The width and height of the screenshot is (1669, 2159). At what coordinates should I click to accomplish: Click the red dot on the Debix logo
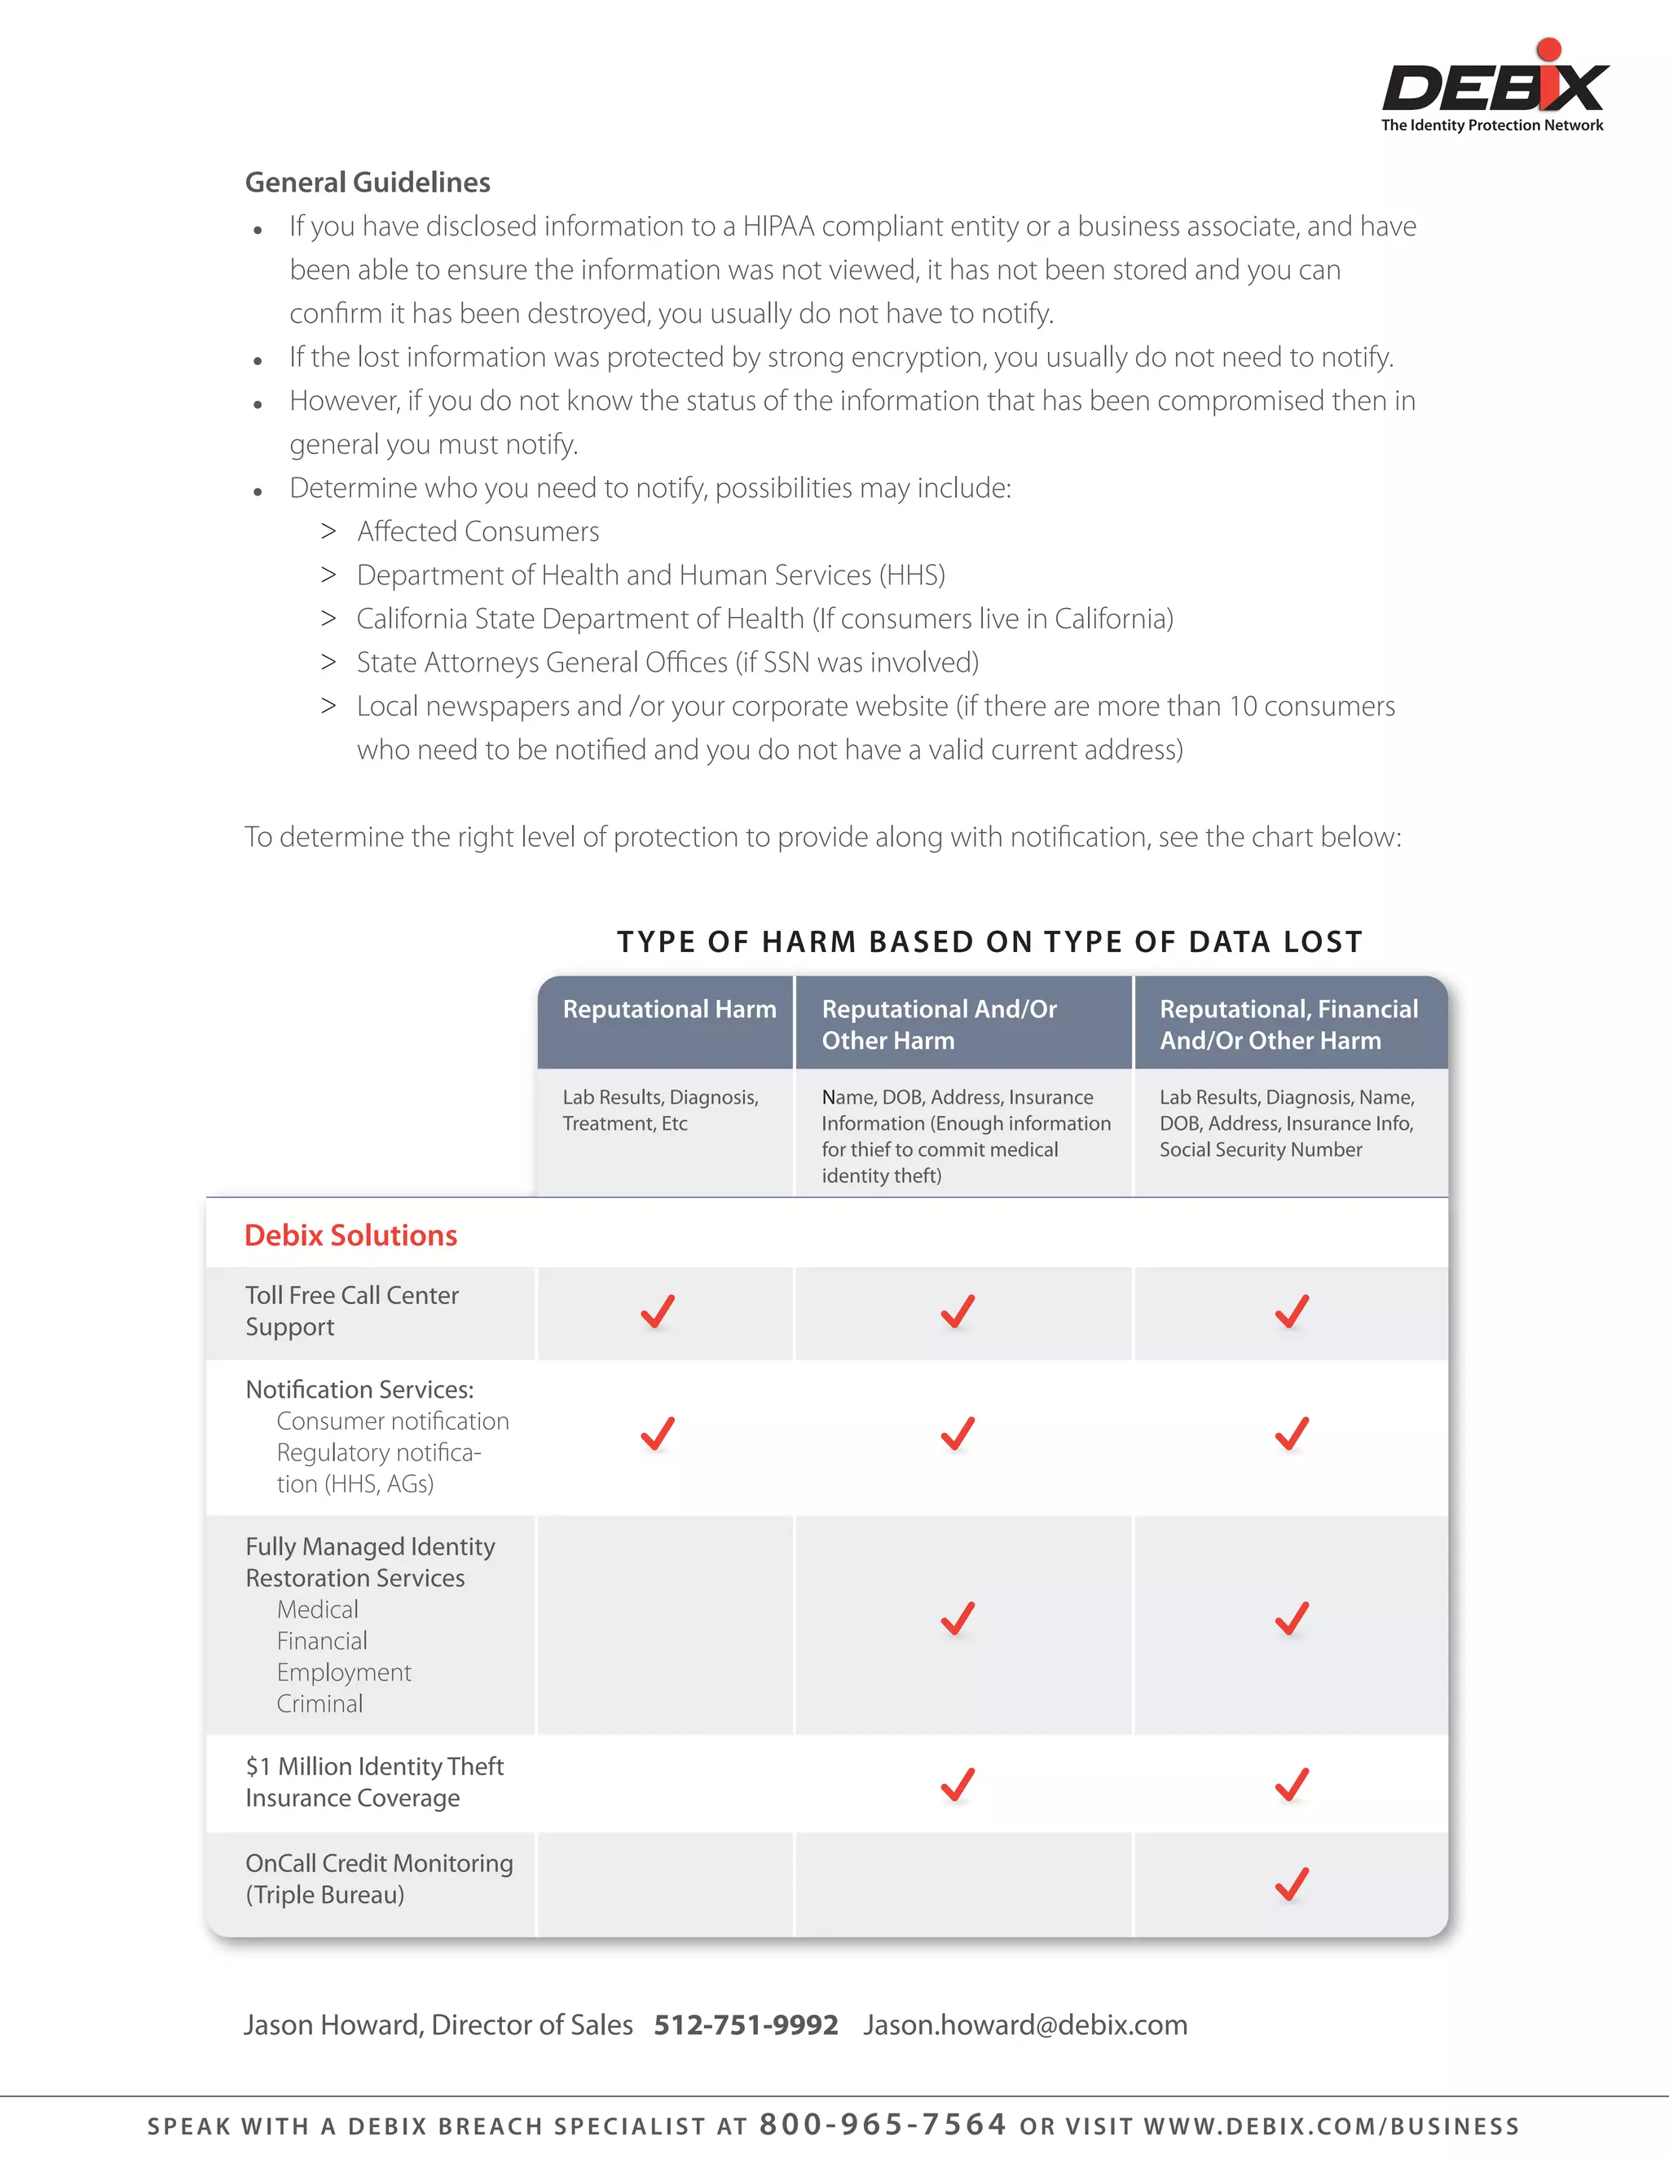click(1548, 50)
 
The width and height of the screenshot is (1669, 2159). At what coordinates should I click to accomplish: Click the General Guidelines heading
click(367, 183)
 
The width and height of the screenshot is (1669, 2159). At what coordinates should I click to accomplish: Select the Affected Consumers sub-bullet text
click(478, 532)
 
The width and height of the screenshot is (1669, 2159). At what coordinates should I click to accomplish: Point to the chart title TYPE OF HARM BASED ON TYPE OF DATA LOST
click(989, 941)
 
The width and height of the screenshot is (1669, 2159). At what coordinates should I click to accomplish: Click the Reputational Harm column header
click(669, 1009)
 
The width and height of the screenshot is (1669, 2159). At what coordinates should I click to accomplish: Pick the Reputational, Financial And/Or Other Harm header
click(1288, 1024)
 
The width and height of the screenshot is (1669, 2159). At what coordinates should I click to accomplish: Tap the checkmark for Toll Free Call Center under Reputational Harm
click(658, 1312)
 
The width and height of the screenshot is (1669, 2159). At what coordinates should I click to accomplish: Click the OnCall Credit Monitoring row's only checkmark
click(1292, 1884)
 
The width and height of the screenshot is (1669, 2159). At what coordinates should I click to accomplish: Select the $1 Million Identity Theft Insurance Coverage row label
click(374, 1782)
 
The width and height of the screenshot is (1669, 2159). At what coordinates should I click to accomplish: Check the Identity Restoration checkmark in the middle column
click(957, 1619)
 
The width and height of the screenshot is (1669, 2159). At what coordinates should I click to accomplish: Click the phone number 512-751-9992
click(746, 2025)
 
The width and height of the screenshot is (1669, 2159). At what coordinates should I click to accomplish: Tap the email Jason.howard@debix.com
click(1024, 2025)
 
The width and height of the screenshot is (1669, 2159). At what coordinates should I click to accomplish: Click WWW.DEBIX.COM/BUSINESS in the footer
click(1331, 2126)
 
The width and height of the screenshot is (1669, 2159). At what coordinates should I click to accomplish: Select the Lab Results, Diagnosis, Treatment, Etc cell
click(660, 1110)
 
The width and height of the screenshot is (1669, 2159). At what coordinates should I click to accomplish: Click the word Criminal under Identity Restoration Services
click(319, 1703)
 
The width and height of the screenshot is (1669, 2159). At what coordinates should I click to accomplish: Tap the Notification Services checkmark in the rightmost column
click(1292, 1434)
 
